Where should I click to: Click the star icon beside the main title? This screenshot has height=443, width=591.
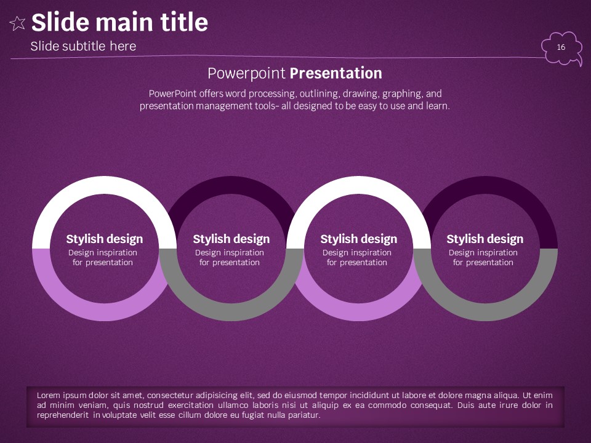17,23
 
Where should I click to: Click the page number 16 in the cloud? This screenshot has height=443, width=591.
561,47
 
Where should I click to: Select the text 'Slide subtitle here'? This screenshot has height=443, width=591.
83,46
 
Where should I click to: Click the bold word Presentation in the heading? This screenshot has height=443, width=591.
336,73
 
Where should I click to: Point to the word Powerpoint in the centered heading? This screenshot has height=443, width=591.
246,73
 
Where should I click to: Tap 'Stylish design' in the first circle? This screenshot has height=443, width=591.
105,239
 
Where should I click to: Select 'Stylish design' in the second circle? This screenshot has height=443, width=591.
231,239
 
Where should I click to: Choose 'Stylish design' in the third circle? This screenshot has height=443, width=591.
359,239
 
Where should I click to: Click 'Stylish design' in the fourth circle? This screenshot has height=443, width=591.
485,239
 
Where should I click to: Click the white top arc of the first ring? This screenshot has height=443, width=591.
105,185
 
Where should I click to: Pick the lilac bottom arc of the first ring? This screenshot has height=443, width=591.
105,312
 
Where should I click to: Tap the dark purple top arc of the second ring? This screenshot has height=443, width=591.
231,185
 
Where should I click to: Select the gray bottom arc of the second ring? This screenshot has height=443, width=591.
231,312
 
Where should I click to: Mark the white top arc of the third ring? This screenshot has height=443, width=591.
359,185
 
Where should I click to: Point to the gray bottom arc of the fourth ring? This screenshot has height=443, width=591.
485,312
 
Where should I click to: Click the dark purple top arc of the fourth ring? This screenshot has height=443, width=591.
485,185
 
